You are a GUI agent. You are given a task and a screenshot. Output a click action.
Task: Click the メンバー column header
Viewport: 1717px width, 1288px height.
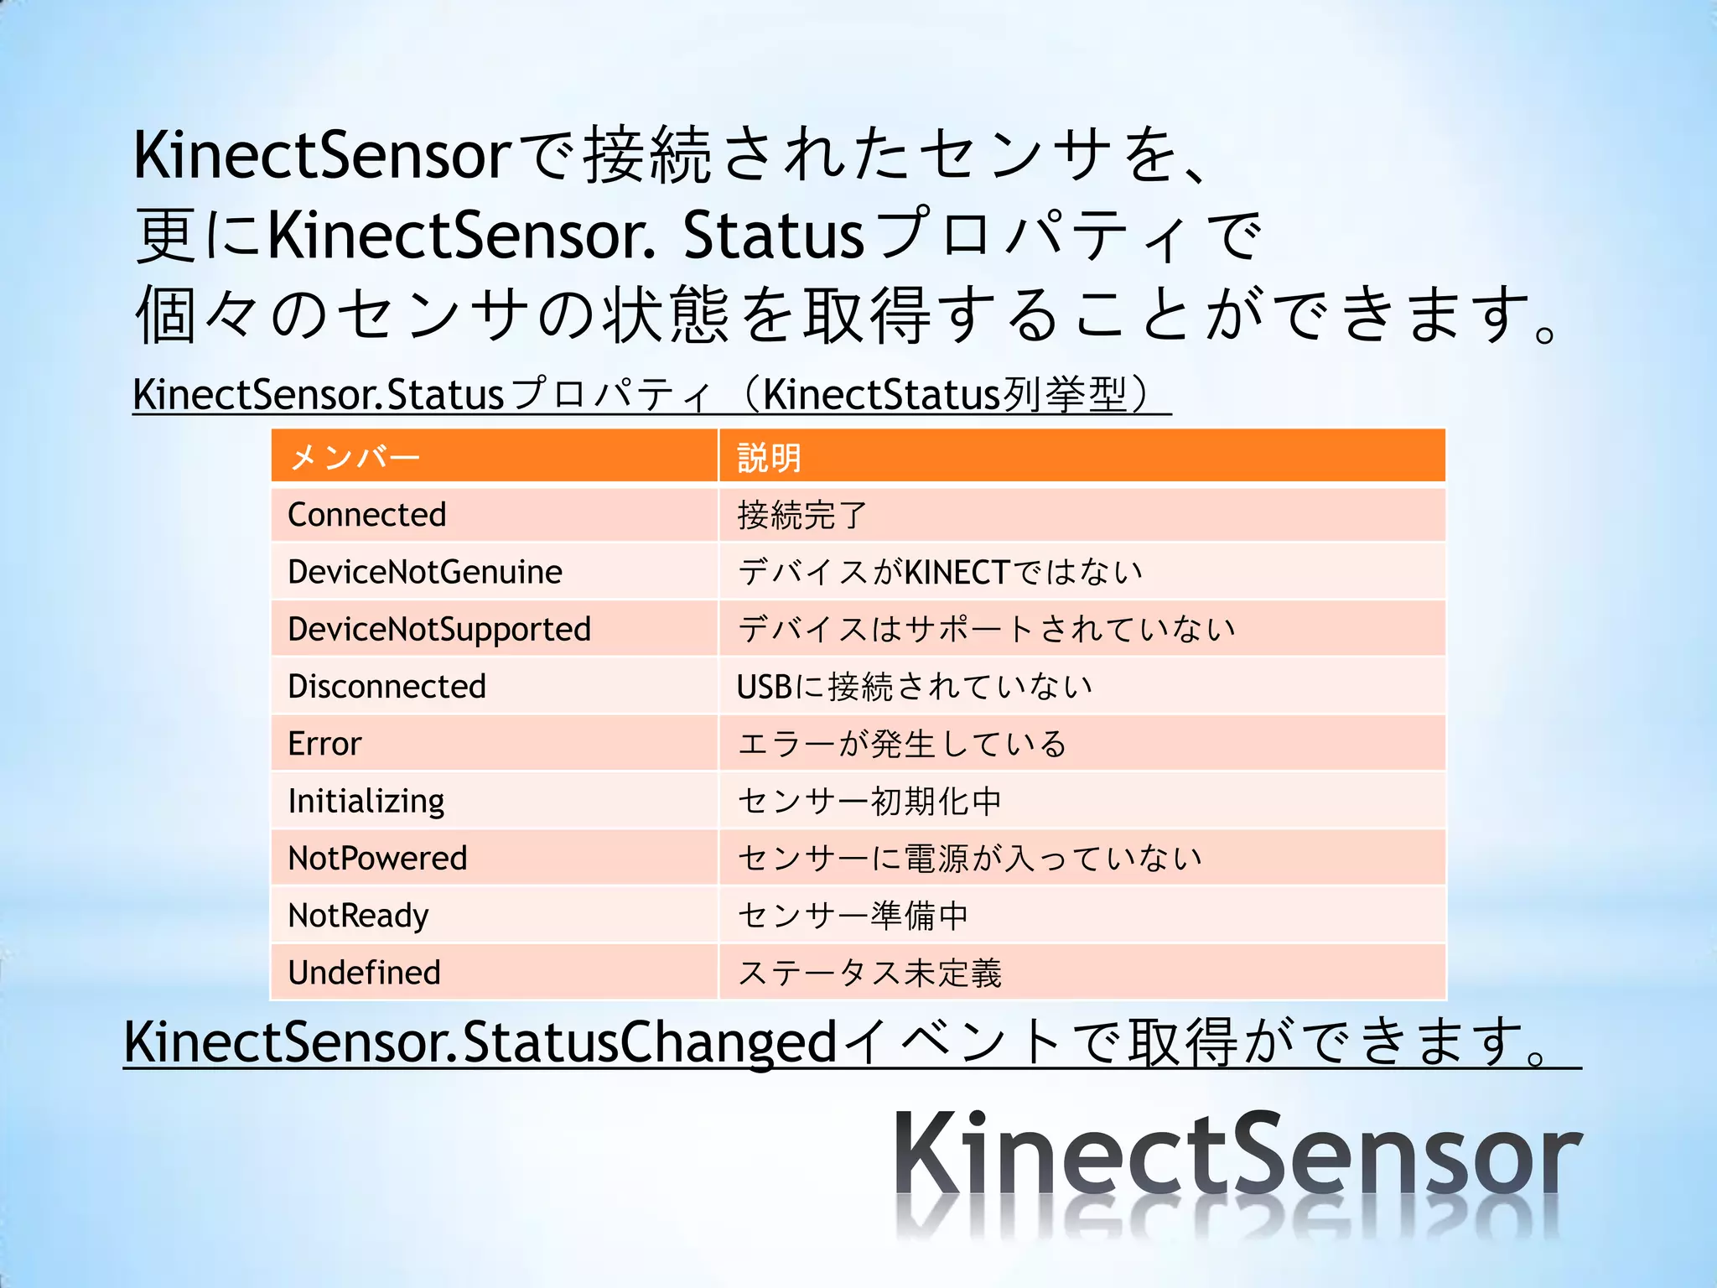[354, 458]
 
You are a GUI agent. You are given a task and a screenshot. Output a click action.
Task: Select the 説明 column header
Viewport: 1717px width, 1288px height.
[769, 458]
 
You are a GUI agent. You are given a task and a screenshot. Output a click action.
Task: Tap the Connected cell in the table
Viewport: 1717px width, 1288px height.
[366, 515]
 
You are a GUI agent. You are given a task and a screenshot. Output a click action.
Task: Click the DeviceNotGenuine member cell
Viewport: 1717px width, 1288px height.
[424, 572]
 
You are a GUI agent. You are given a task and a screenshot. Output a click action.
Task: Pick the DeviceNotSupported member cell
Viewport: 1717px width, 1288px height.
[438, 629]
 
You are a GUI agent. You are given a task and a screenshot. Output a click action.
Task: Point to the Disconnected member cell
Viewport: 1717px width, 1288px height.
[386, 687]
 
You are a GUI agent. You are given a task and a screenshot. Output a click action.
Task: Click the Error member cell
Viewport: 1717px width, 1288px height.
[324, 744]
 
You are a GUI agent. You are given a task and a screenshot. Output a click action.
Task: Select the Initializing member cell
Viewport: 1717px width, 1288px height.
[366, 801]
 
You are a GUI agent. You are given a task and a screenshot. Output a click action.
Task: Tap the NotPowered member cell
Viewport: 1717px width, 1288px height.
[377, 858]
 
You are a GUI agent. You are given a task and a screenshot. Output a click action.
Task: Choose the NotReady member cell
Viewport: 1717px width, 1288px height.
[358, 916]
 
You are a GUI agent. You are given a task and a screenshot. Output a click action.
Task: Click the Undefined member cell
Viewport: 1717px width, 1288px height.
[364, 973]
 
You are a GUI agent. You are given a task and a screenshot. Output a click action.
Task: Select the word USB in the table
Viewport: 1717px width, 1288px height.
[764, 687]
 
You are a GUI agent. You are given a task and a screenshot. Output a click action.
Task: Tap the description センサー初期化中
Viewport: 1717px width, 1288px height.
[869, 801]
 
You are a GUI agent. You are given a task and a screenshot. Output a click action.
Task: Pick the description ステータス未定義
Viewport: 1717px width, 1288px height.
[869, 973]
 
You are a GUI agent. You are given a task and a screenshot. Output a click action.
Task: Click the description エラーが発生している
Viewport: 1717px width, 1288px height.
[901, 744]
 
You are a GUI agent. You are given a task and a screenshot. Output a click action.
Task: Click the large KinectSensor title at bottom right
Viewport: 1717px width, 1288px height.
[1237, 1157]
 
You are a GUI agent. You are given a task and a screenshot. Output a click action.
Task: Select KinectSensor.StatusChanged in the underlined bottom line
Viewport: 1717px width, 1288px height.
[480, 1041]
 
